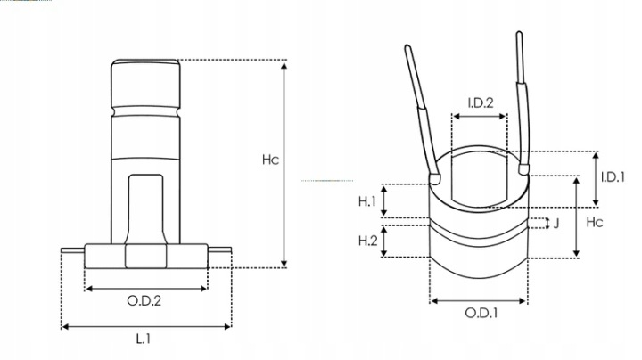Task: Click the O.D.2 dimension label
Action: pyautogui.click(x=144, y=300)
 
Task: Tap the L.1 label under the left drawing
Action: pyautogui.click(x=144, y=339)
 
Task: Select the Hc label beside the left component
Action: pyautogui.click(x=270, y=160)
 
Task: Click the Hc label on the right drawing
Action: pyautogui.click(x=595, y=222)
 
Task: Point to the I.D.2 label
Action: pyautogui.click(x=481, y=102)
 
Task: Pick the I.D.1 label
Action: pyautogui.click(x=613, y=177)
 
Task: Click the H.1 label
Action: pyautogui.click(x=367, y=201)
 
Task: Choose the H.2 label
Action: pyautogui.click(x=367, y=241)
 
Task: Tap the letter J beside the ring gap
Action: pyautogui.click(x=556, y=224)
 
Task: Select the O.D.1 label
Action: pyautogui.click(x=481, y=314)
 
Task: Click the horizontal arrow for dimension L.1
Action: pyautogui.click(x=146, y=326)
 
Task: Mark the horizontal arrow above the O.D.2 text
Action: pyautogui.click(x=146, y=289)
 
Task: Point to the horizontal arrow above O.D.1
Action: pyautogui.click(x=479, y=301)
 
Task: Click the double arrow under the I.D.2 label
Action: pyautogui.click(x=480, y=117)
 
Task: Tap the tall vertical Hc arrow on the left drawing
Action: pyautogui.click(x=284, y=164)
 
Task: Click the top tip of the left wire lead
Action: pyautogui.click(x=407, y=45)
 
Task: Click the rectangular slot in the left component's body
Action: pyautogui.click(x=145, y=209)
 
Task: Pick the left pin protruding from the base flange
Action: pyautogui.click(x=73, y=250)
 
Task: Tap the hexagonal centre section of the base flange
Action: pyautogui.click(x=145, y=256)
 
